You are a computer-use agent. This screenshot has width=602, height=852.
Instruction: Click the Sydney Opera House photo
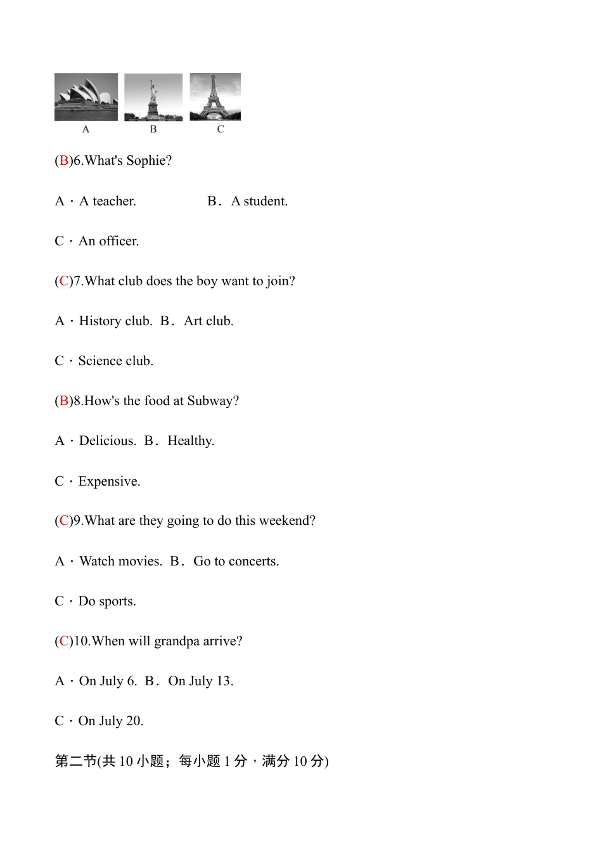pos(86,97)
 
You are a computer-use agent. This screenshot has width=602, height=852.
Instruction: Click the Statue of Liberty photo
pos(153,97)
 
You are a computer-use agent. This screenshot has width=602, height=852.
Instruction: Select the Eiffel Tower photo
pos(215,97)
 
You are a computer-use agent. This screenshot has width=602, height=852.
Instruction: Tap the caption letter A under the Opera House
pos(86,129)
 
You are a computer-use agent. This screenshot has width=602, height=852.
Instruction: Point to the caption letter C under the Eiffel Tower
pos(221,129)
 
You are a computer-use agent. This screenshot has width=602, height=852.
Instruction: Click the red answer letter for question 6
pos(63,160)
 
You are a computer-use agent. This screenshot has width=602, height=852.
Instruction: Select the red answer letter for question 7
pos(63,281)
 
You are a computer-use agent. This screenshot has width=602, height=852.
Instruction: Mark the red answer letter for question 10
pos(63,641)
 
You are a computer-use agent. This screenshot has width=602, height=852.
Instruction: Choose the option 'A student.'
pos(259,201)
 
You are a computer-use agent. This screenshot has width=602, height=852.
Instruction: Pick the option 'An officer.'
pos(108,241)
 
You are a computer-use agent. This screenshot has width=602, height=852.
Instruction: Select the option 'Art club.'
pos(208,321)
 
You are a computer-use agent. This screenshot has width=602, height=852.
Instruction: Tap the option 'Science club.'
pos(115,361)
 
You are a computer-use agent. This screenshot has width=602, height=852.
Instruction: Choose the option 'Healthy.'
pos(191,441)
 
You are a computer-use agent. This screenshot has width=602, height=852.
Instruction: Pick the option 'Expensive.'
pos(109,481)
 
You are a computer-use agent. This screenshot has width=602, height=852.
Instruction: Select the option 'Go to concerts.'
pos(236,561)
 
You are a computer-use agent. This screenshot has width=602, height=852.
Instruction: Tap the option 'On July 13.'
pos(200,681)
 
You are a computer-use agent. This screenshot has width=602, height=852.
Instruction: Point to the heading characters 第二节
pos(75,761)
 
